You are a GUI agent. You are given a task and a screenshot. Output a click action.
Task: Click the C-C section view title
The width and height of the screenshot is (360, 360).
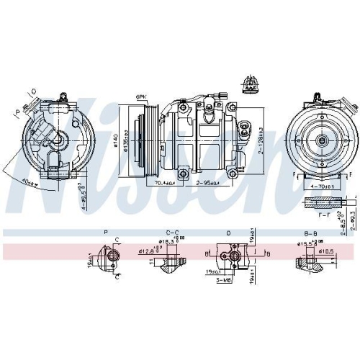(171, 233)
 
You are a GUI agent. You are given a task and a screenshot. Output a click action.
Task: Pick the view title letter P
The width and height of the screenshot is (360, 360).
(106, 233)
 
